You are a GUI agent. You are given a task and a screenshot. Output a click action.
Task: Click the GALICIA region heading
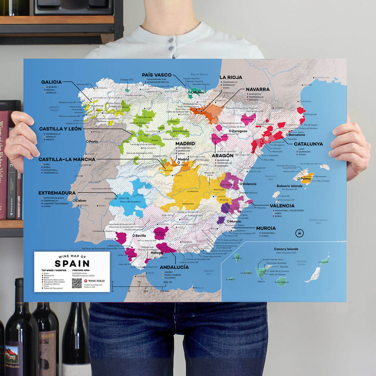51,82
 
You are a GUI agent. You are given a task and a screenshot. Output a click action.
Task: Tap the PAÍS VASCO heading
157,75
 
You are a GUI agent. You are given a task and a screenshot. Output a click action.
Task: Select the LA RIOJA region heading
231,77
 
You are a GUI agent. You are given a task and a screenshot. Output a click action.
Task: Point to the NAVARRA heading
258,89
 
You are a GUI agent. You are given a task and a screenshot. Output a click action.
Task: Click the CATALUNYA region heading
308,144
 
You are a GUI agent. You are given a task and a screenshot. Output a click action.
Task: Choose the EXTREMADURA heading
57,193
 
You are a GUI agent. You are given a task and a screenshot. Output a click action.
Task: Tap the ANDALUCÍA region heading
174,267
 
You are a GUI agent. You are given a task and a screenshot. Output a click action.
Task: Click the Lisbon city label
80,201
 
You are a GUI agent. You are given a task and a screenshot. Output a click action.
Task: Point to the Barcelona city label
297,135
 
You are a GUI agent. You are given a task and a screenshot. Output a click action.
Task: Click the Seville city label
141,236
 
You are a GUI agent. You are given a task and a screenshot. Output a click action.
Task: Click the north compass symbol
299,233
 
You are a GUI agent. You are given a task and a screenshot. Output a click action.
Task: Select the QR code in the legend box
77,283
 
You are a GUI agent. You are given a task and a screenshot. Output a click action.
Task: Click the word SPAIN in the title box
72,264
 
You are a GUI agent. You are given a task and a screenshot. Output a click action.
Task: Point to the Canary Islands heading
286,249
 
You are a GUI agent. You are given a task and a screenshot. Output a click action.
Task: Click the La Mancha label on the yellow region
193,191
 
